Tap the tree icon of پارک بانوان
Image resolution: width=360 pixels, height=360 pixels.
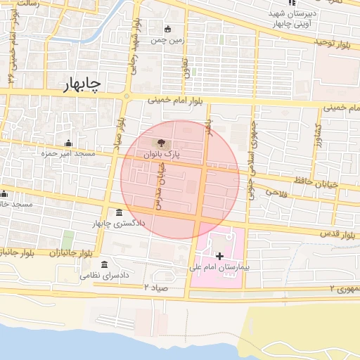coord(163,143)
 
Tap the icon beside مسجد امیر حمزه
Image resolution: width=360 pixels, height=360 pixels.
coord(68,143)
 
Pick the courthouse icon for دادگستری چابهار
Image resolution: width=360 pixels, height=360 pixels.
coord(117,212)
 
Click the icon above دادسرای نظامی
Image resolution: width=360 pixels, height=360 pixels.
coord(105,264)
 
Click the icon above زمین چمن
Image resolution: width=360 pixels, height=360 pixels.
coord(167,29)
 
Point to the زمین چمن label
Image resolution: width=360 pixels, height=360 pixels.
coord(168,39)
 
